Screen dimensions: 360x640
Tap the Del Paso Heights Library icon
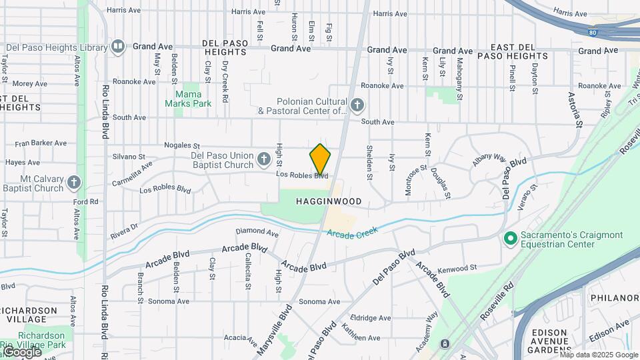(x=118, y=46)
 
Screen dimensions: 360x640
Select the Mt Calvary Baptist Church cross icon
(x=73, y=181)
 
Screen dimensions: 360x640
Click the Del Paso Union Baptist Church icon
(x=264, y=159)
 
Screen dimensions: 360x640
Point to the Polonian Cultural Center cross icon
(x=357, y=105)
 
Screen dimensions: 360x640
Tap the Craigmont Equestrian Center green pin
(x=511, y=238)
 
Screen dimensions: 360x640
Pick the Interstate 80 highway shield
(x=593, y=31)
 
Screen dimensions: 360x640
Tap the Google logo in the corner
(x=21, y=351)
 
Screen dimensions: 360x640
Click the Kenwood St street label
(x=459, y=269)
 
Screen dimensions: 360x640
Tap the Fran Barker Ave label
(x=41, y=143)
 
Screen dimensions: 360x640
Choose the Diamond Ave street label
(x=257, y=233)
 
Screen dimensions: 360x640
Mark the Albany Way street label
(x=489, y=157)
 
